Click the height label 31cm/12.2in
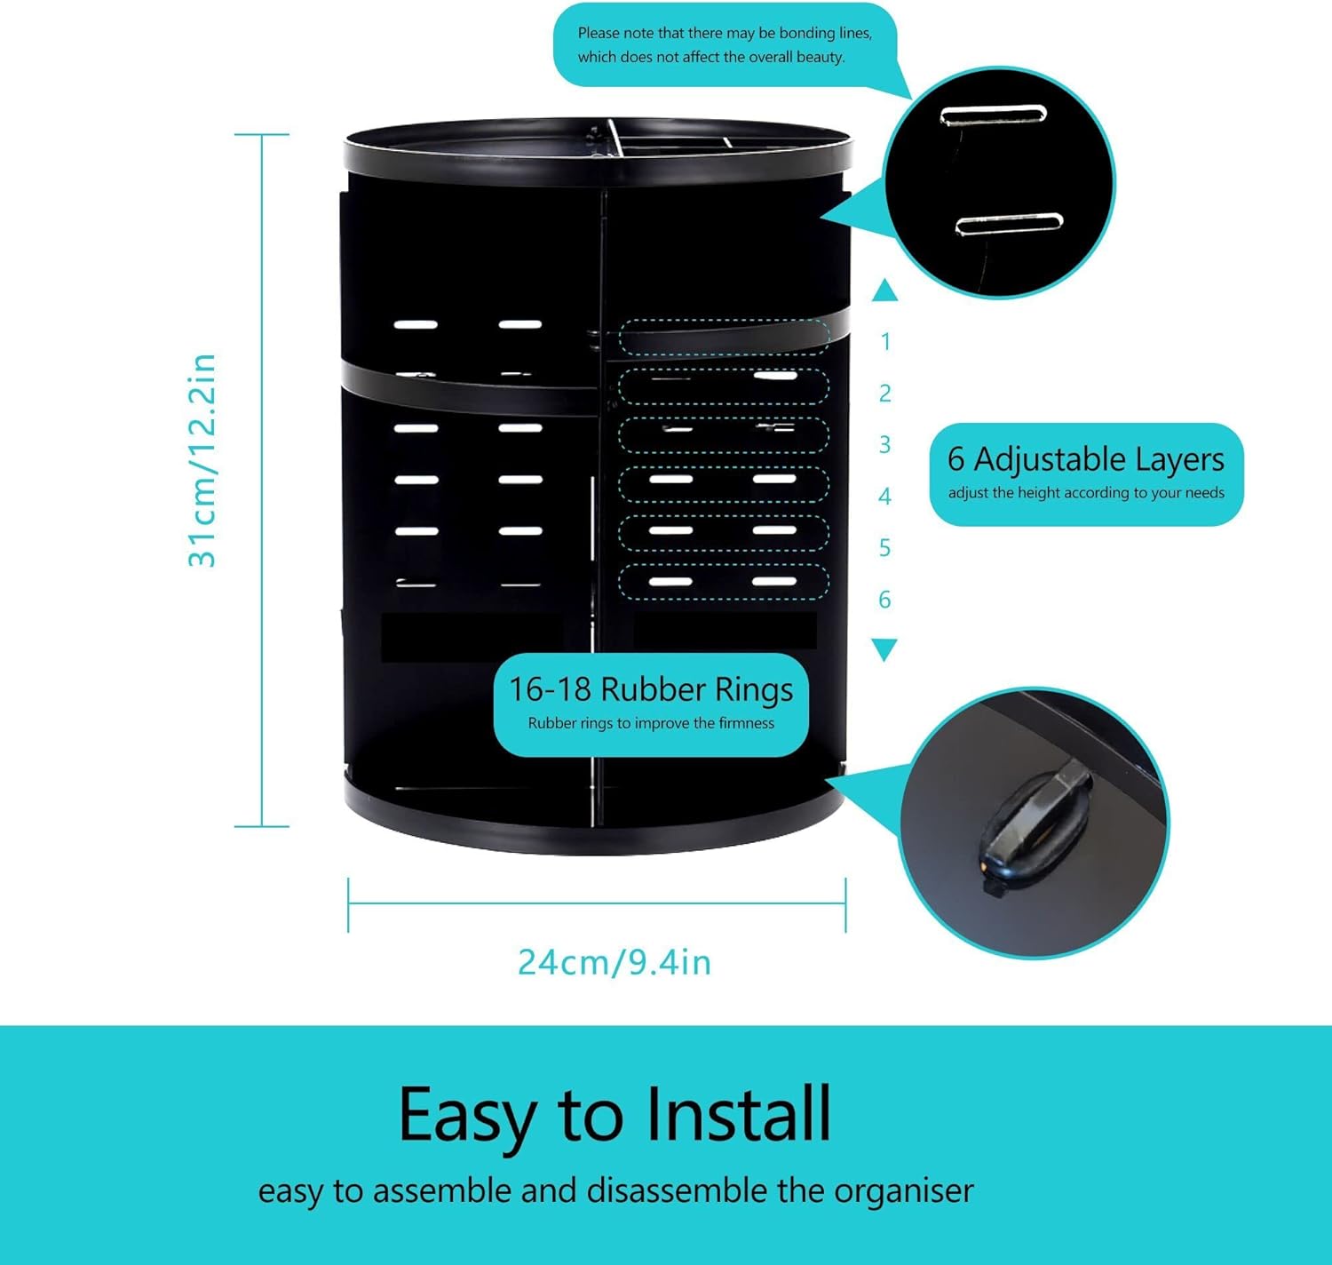pos(202,460)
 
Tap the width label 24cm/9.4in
pos(614,962)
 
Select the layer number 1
pos(884,342)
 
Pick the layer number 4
pos(884,497)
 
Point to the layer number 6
pos(884,600)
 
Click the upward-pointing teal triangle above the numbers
pos(884,290)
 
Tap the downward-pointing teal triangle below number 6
pos(884,649)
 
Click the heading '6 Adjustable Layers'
pos(1085,459)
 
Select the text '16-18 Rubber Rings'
pos(650,689)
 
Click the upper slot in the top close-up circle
pos(994,115)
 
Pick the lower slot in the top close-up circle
pos(1009,223)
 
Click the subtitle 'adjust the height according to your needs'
pos(1086,493)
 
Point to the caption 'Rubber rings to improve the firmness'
pos(650,723)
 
